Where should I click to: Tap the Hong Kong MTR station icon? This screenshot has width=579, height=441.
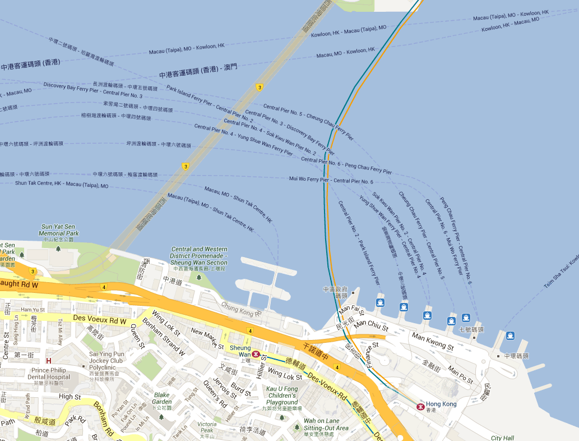click(420, 405)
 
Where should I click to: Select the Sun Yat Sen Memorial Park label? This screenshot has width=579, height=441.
click(59, 230)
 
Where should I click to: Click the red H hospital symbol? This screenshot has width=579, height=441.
click(49, 361)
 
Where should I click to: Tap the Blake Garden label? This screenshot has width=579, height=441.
click(162, 398)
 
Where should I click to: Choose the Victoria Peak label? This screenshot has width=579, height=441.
click(207, 427)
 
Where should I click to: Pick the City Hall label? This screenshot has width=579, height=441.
click(502, 438)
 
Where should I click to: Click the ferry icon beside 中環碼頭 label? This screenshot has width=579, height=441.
click(509, 336)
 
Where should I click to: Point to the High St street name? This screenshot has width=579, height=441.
click(70, 397)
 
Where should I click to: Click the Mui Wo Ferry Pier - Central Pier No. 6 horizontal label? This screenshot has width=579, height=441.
click(331, 180)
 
